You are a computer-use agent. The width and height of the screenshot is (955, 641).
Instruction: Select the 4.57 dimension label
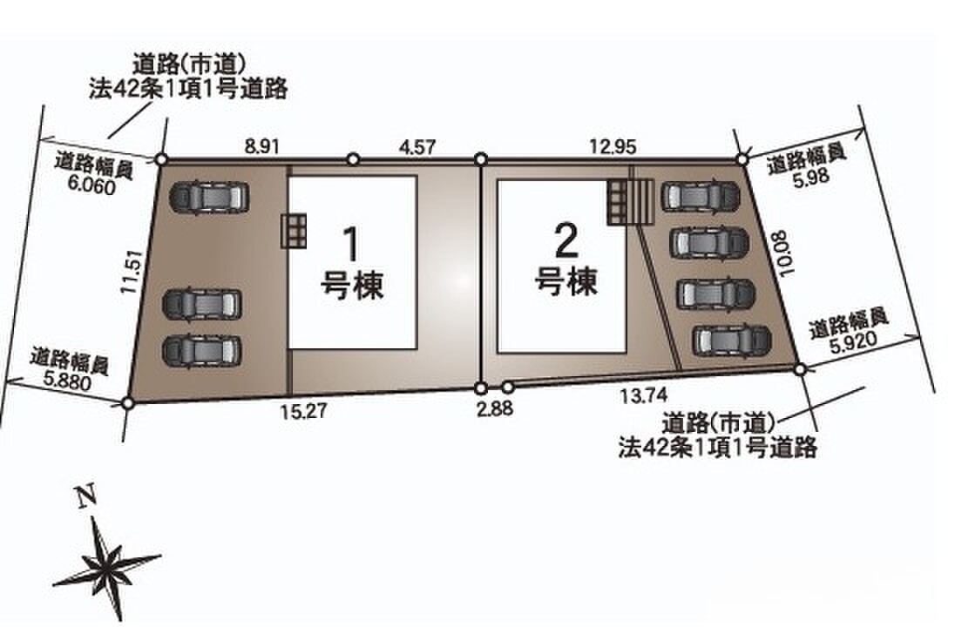[417, 148]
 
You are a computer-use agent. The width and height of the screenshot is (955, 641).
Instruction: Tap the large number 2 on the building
[565, 239]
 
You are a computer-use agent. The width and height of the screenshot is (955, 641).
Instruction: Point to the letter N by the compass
[85, 498]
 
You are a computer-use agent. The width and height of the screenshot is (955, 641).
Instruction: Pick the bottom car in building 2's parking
[732, 341]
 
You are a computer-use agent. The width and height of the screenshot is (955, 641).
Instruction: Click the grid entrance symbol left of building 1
[295, 231]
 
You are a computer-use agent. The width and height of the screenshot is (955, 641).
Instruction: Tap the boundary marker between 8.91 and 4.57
[353, 159]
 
